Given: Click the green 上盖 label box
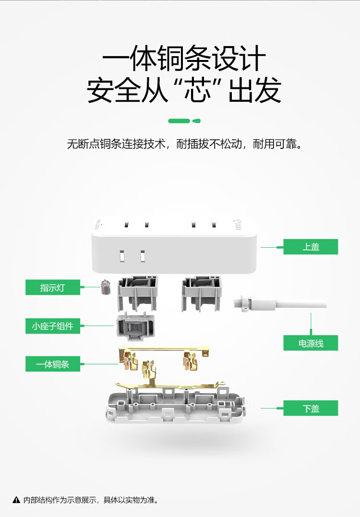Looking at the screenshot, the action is click(311, 247).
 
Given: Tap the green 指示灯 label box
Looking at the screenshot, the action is click(53, 287).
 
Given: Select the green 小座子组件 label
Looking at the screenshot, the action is click(53, 326).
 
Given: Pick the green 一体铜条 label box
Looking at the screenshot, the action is click(53, 364).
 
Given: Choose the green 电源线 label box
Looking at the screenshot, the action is click(311, 343).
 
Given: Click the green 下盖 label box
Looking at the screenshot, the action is click(311, 408).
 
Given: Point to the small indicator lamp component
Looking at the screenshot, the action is click(106, 287).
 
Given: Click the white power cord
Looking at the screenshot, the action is click(280, 304).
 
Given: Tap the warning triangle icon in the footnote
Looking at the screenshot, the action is click(16, 500).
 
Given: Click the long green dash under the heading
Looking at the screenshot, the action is click(179, 121).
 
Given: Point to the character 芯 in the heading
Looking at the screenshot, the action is click(197, 90).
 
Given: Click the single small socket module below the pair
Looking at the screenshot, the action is click(135, 326).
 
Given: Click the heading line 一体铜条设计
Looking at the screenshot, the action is click(184, 59).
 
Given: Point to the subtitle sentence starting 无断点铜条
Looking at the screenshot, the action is click(185, 144).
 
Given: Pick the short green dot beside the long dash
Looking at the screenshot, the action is click(196, 121).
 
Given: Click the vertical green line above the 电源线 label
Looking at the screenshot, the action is click(311, 324).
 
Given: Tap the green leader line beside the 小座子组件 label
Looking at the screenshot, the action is click(97, 326).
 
